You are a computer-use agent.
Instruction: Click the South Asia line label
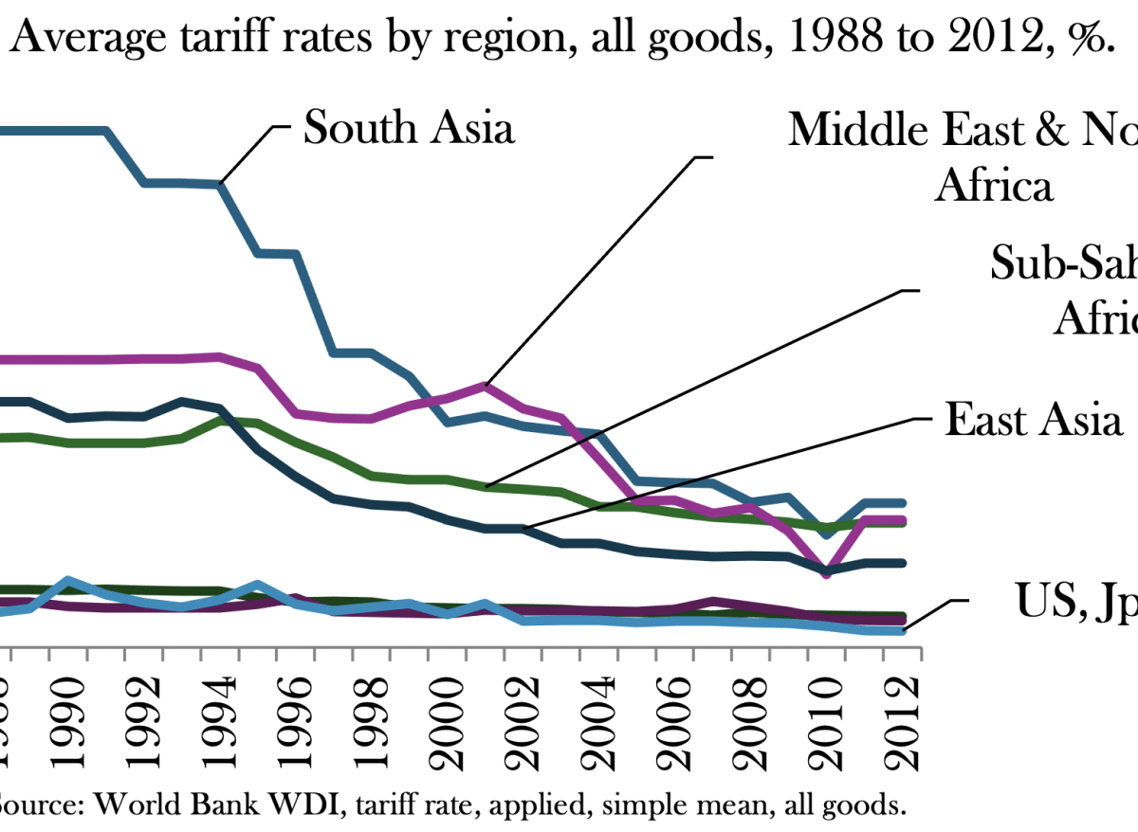[x=409, y=126]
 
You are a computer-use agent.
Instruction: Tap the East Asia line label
[x=1033, y=418]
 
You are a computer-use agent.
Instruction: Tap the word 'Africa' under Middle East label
[x=994, y=186]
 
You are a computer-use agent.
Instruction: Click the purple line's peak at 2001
[x=485, y=386]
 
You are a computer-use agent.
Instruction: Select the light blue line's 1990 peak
[x=68, y=580]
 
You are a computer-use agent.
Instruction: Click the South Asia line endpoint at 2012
[x=902, y=502]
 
